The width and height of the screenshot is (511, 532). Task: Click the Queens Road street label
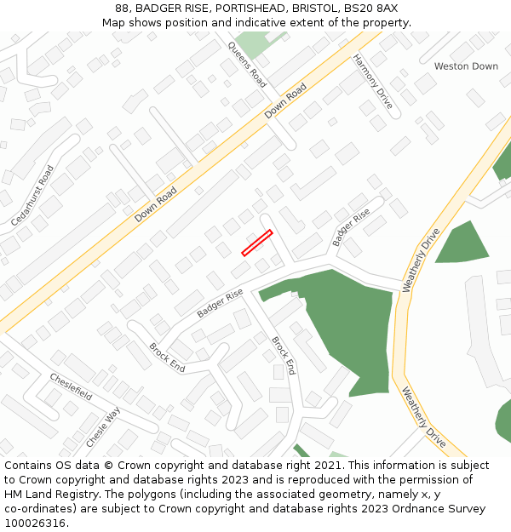pyautogui.click(x=247, y=64)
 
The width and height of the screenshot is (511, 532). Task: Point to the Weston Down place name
pyautogui.click(x=466, y=66)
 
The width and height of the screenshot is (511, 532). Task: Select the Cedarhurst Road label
pyautogui.click(x=34, y=195)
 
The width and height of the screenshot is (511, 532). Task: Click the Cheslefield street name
pyautogui.click(x=71, y=386)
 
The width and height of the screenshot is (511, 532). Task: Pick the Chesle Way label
pyautogui.click(x=104, y=427)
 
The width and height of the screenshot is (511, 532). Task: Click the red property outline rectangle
pyautogui.click(x=256, y=243)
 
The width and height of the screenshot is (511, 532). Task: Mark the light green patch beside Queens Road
pyautogui.click(x=251, y=43)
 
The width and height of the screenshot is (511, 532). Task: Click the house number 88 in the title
pyautogui.click(x=123, y=9)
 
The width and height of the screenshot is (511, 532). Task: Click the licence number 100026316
pyautogui.click(x=36, y=523)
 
